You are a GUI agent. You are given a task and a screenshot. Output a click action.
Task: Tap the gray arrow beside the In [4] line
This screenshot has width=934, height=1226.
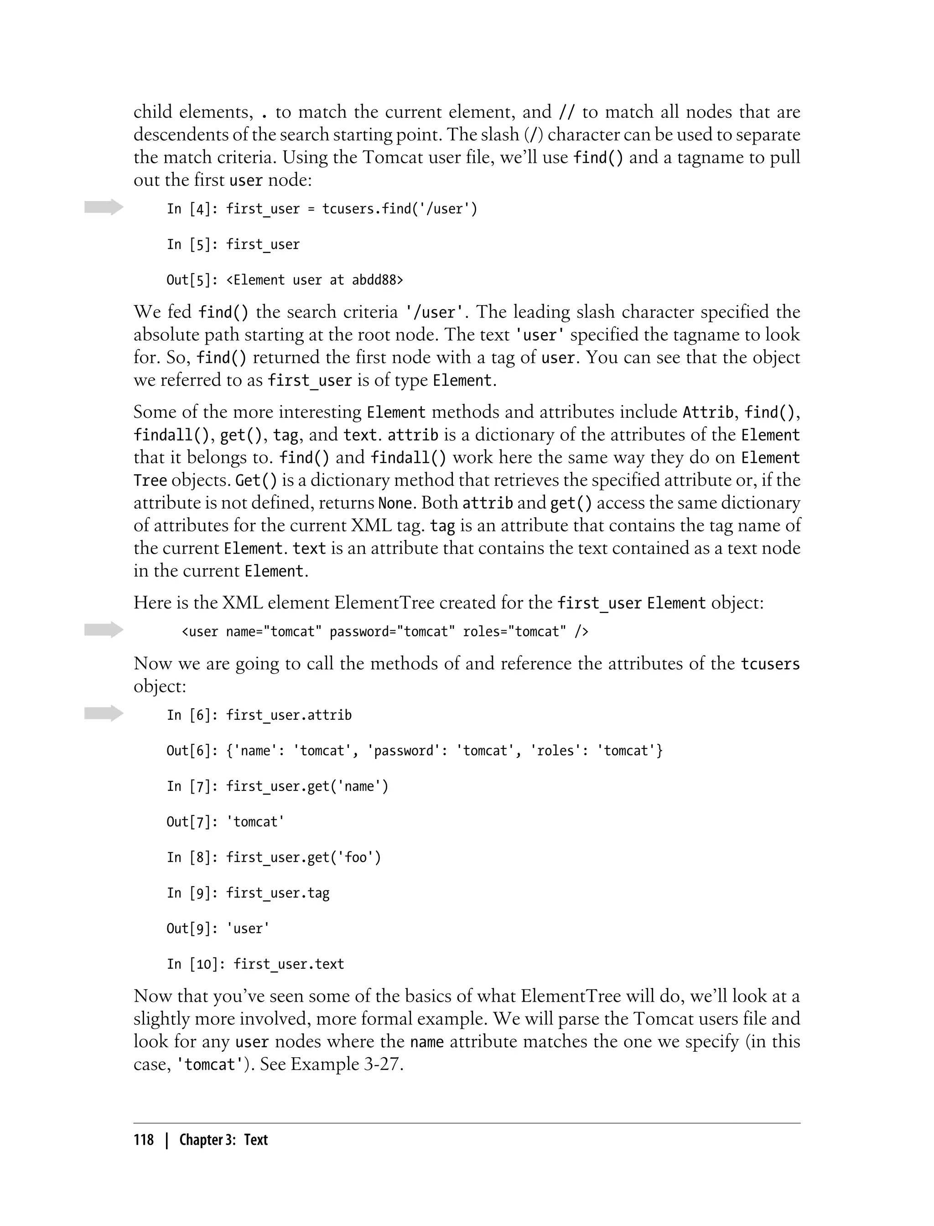(104, 208)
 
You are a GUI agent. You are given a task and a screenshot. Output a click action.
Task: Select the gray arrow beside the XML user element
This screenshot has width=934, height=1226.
(104, 630)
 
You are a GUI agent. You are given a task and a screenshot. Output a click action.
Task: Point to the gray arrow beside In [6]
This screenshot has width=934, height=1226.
(104, 713)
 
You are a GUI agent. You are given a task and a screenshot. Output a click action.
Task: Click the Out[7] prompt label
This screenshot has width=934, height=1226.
(192, 822)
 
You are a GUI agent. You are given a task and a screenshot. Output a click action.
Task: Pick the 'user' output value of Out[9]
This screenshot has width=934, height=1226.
(248, 929)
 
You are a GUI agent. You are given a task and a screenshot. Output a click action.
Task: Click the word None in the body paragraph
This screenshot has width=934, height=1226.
(395, 503)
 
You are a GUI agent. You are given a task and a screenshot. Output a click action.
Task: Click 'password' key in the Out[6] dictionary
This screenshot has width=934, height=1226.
(404, 751)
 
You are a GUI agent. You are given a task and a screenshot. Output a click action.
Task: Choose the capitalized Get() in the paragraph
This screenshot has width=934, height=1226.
(256, 480)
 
